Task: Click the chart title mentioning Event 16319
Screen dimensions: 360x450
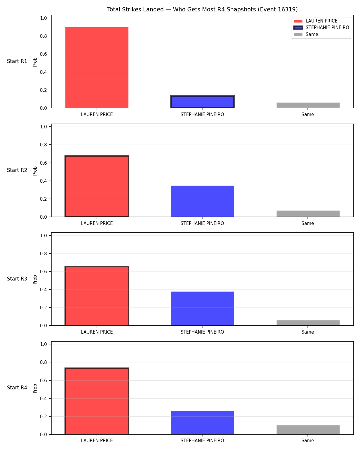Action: (x=202, y=9)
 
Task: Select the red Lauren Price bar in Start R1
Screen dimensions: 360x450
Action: (x=97, y=67)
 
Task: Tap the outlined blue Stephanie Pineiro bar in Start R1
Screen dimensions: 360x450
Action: (x=202, y=102)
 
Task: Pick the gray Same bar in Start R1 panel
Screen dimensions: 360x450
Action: (x=308, y=105)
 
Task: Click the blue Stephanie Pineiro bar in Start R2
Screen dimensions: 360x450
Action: (x=202, y=201)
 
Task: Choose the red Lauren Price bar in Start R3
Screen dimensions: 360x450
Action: (x=97, y=296)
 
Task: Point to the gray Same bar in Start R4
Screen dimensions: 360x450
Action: (x=308, y=430)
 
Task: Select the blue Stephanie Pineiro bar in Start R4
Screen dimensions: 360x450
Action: (x=202, y=423)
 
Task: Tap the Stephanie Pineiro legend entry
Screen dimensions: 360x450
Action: (x=321, y=28)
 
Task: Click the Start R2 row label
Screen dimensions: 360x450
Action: (x=17, y=170)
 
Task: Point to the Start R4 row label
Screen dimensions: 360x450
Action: (x=17, y=388)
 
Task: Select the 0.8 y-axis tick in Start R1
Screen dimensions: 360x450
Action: (x=43, y=36)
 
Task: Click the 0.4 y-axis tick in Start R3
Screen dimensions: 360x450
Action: (x=43, y=289)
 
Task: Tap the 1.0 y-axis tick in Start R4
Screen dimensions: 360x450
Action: (x=43, y=344)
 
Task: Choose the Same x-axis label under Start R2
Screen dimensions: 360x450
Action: (x=308, y=223)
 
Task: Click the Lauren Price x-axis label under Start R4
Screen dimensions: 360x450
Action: (x=97, y=441)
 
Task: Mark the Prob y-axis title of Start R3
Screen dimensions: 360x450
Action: (x=35, y=279)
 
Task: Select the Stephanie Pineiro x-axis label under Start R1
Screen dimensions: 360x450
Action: (x=202, y=114)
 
